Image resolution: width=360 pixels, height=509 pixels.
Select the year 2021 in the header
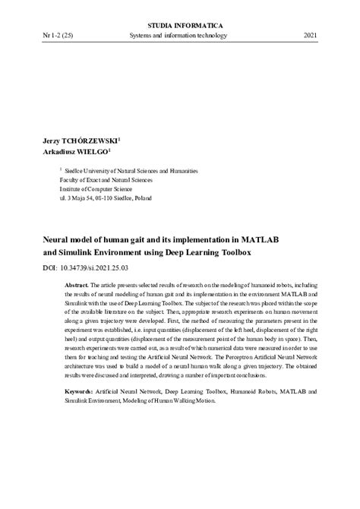coord(311,35)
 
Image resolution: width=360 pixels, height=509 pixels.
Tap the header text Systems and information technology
coord(181,35)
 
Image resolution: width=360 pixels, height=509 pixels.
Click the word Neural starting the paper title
coord(54,238)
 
